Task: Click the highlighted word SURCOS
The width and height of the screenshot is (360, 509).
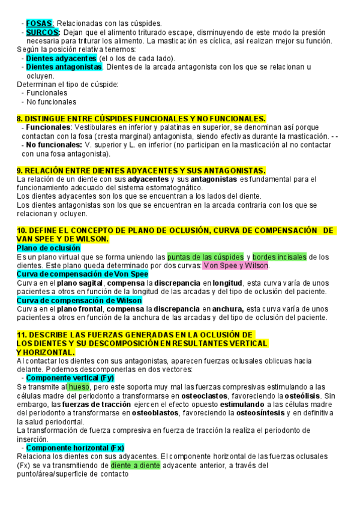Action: coord(43,32)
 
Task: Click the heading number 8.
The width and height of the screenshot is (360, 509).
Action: coord(20,119)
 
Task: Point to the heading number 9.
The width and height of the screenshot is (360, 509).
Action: coord(20,170)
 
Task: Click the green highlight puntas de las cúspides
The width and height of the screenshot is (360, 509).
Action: coord(205,257)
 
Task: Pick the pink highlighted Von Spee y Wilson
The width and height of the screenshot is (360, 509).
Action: coord(236,266)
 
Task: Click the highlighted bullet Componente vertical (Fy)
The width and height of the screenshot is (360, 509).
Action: coord(71,378)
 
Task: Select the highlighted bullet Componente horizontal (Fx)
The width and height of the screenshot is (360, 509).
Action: coord(76,448)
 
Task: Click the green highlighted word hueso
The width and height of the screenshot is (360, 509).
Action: coord(78,387)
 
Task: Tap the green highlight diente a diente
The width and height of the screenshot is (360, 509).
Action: coord(135,465)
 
